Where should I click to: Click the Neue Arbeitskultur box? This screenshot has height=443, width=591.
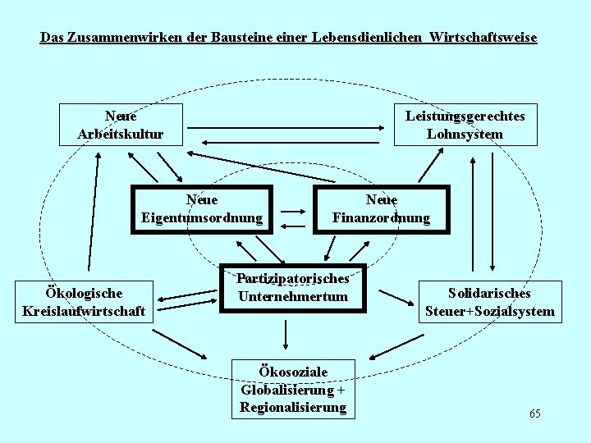click(121, 125)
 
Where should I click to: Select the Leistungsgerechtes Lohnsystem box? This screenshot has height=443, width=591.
click(465, 125)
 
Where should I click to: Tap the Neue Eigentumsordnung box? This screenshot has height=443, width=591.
click(202, 209)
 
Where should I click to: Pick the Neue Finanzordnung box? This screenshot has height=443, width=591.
click(381, 209)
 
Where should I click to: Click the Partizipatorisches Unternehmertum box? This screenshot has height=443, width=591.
click(293, 288)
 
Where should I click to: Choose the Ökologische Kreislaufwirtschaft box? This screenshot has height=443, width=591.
click(85, 302)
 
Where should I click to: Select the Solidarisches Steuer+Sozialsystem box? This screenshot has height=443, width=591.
click(489, 302)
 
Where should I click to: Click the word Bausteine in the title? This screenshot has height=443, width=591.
click(213, 38)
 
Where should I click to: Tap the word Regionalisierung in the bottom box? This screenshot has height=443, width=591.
click(293, 408)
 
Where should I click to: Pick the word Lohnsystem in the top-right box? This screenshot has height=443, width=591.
click(465, 134)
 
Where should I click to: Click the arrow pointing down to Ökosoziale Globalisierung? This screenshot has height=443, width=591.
click(286, 335)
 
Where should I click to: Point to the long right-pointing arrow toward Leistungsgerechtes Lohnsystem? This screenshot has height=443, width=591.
click(287, 127)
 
